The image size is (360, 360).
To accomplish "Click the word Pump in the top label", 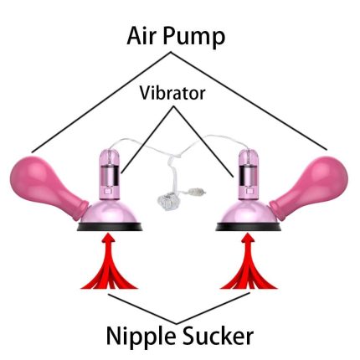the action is coord(194,39).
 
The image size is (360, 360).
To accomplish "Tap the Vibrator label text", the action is coord(172,93).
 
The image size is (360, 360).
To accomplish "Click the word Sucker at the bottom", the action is coord(218,335).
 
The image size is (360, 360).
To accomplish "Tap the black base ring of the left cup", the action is coord(110,227).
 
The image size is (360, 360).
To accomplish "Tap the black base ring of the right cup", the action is coord(249,227).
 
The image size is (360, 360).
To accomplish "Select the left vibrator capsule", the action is coord(110,174).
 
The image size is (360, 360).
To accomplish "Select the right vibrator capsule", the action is coord(248,174).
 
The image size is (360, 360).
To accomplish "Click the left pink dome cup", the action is coord(111,212).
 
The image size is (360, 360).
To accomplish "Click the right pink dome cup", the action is coord(248,212).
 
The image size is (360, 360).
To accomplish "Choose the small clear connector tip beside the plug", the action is coord(198,192).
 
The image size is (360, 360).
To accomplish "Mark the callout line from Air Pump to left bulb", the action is coord(101,102).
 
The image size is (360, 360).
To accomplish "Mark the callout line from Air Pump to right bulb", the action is coord(249,100).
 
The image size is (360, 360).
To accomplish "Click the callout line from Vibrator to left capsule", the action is coord(147,140).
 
